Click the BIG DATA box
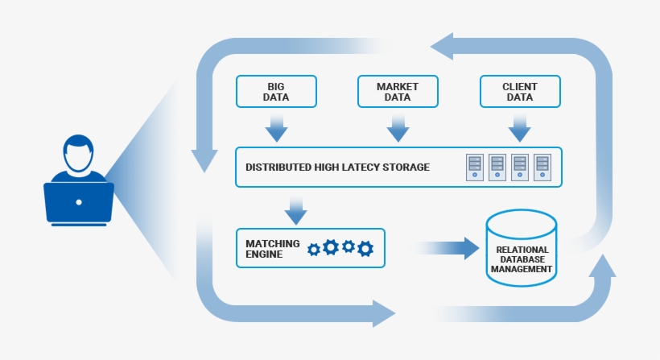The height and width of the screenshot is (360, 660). pos(276,92)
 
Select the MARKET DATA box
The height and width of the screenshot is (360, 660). pos(398,92)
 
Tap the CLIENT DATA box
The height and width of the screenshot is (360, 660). pos(519,92)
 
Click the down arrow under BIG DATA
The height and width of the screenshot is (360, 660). pos(276,126)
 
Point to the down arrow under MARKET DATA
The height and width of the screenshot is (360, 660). pos(398,126)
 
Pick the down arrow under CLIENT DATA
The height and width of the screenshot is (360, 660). pos(519,126)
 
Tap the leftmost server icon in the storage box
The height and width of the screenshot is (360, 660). pos(475,167)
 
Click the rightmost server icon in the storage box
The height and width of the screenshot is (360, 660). pos(542,167)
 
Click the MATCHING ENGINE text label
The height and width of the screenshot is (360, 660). pos(272,249)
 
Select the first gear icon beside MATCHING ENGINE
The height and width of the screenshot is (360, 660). pos(314,249)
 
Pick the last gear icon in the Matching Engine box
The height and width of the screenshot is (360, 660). pos(365,249)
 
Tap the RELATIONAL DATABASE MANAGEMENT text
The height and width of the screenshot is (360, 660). pos(522,259)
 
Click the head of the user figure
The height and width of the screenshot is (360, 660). pos(78,153)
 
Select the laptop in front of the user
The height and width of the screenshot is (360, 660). pos(78,202)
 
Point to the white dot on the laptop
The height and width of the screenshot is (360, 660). pos(78,202)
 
